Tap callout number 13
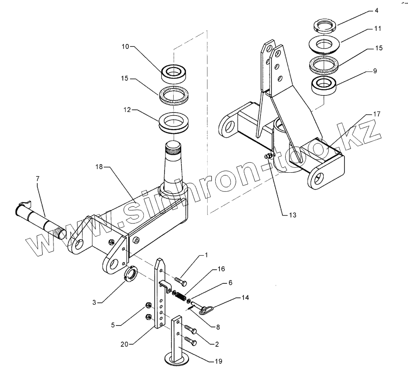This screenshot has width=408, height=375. (292, 215)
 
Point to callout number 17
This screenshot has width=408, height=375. (376, 115)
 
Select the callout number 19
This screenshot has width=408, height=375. (219, 361)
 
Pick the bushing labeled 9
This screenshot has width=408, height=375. (324, 84)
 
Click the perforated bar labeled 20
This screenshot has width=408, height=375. (160, 295)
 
